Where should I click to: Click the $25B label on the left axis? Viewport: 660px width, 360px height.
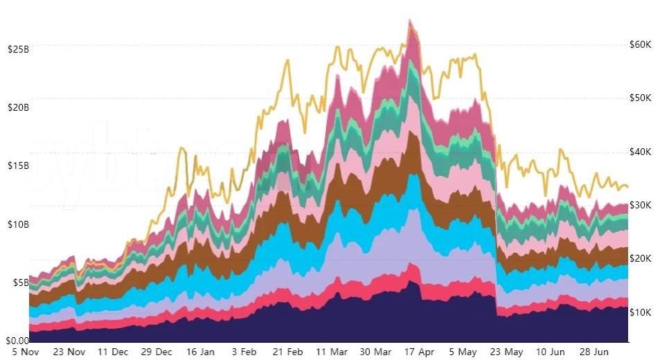[17, 49]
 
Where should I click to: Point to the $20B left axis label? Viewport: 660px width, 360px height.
[17, 107]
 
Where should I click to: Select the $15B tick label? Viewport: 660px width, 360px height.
[17, 165]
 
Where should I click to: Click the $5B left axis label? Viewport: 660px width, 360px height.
[19, 282]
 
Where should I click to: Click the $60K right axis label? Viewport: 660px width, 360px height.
[640, 44]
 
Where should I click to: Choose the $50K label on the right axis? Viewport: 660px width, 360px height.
[640, 98]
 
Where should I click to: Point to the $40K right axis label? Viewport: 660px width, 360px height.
[640, 152]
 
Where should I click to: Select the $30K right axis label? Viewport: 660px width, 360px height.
[640, 205]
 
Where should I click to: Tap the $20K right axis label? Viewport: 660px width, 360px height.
[640, 258]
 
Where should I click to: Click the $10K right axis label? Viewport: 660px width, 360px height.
[640, 312]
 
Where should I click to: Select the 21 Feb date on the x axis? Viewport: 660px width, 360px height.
[287, 352]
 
